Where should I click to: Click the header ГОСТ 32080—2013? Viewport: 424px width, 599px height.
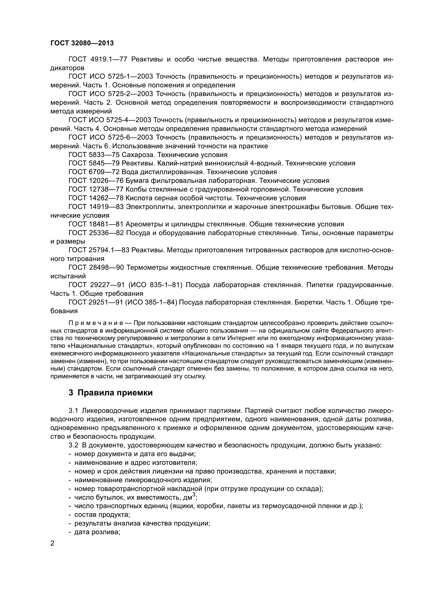[82, 43]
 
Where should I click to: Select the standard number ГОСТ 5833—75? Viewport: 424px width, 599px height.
[94, 155]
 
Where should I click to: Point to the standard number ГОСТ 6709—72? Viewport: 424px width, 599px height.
[94, 172]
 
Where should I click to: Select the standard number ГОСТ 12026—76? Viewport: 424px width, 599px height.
[96, 181]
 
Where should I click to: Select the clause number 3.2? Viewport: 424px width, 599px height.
[73, 445]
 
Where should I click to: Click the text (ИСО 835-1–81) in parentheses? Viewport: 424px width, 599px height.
[157, 285]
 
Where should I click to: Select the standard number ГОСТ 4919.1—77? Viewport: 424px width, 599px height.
[98, 59]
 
